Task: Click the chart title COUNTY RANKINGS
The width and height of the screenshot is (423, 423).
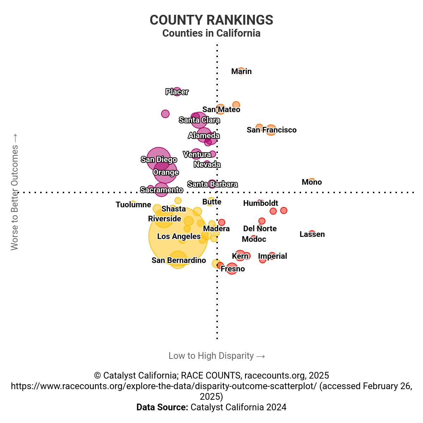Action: click(x=211, y=20)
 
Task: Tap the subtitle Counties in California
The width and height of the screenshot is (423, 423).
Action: click(x=211, y=33)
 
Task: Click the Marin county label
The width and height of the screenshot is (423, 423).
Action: click(x=241, y=72)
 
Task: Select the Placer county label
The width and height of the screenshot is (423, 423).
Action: click(x=177, y=92)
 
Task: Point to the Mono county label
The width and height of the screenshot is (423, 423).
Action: click(x=312, y=182)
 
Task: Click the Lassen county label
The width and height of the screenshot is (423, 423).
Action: click(x=312, y=234)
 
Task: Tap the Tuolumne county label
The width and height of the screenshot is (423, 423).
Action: click(x=133, y=205)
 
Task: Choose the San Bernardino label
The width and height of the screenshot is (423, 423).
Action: click(x=179, y=260)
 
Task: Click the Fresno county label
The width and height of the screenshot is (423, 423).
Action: click(x=233, y=269)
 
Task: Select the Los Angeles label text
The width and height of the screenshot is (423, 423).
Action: click(x=179, y=237)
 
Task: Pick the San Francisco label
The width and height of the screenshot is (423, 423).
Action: click(x=271, y=130)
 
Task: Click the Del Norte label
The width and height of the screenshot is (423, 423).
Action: click(x=260, y=229)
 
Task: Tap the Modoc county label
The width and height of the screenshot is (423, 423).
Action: click(x=254, y=239)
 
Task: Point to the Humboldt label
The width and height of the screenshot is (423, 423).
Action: click(x=260, y=203)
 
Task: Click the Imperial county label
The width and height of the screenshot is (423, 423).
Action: click(x=272, y=256)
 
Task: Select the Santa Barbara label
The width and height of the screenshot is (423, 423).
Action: click(x=212, y=184)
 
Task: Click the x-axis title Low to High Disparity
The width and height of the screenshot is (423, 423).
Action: click(x=216, y=356)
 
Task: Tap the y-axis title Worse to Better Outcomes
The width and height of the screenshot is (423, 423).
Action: click(x=14, y=192)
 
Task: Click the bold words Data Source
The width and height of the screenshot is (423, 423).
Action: click(x=162, y=407)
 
